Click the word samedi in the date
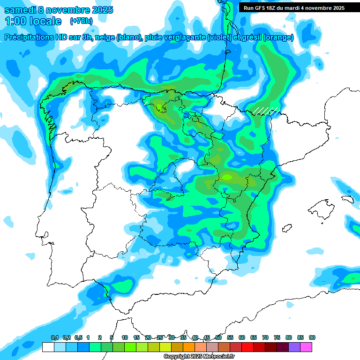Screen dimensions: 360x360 [x=20, y=9]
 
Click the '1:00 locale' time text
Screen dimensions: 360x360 [x=33, y=21]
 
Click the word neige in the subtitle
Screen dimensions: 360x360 [x=106, y=37]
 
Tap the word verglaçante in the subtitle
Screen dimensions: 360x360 [x=185, y=37]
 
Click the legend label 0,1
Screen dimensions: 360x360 [x=55, y=337]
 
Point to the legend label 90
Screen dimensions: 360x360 [x=312, y=337]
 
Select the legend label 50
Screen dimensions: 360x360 [x=218, y=337]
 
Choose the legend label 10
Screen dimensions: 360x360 [x=125, y=337]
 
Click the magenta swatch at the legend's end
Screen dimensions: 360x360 [x=306, y=347]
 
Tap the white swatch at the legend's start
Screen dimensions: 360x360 [x=48, y=347]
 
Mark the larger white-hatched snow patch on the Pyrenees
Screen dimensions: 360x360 [x=266, y=111]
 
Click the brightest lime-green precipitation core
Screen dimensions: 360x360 [x=227, y=177]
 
